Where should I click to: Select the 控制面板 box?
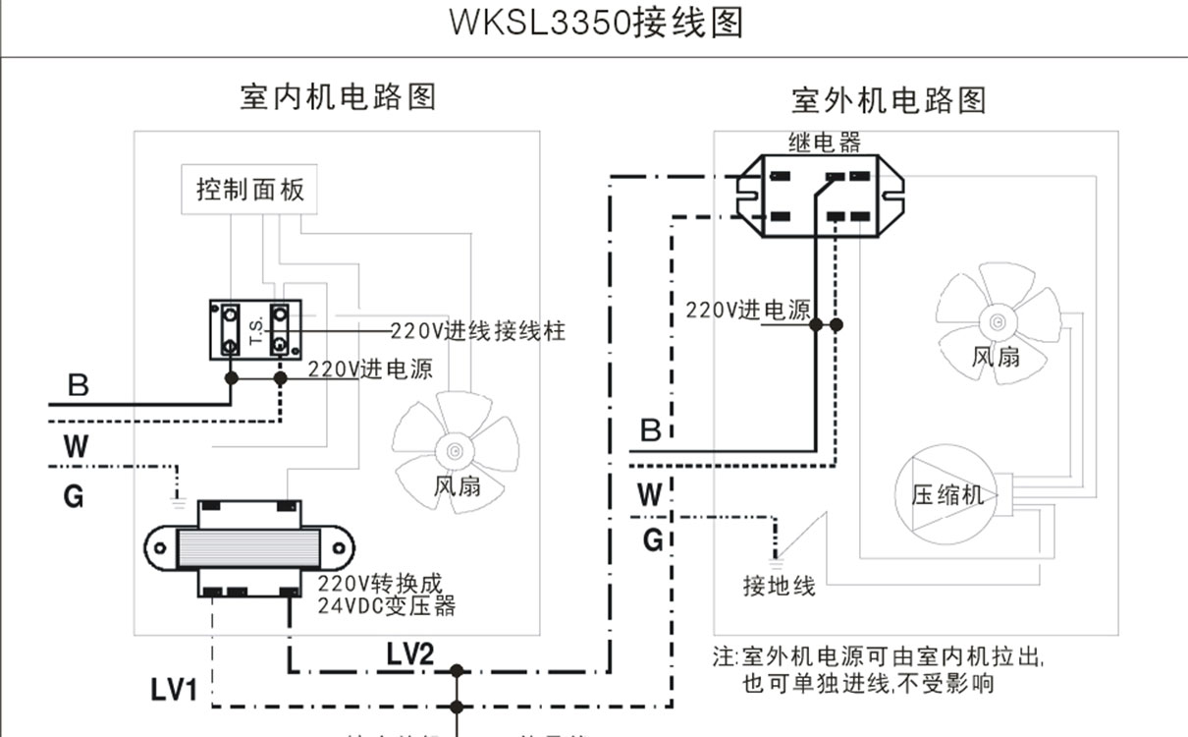(250, 189)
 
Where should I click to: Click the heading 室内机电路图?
(338, 96)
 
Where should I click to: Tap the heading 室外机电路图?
(889, 99)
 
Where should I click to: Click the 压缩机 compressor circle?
(947, 494)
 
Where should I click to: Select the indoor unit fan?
(456, 449)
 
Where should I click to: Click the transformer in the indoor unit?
(249, 548)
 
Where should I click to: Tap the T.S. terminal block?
(255, 329)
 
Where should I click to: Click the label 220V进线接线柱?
(478, 331)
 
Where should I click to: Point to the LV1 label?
(174, 690)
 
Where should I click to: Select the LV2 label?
(409, 652)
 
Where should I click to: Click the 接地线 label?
(779, 587)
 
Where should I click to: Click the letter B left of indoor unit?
(79, 385)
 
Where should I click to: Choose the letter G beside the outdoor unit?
(653, 539)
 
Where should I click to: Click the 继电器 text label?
(825, 143)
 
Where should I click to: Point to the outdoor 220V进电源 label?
(748, 311)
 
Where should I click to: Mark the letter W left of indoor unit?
(76, 447)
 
